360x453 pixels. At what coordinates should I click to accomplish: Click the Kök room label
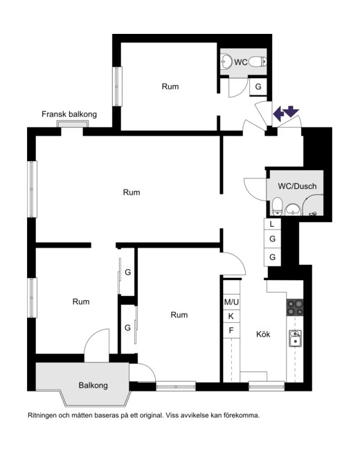click(x=263, y=334)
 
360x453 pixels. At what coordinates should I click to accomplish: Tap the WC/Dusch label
click(x=297, y=186)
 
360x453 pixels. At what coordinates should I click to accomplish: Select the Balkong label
click(x=93, y=385)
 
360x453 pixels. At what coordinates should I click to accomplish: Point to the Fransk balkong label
click(x=69, y=114)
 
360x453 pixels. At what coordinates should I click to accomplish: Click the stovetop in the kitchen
click(x=295, y=307)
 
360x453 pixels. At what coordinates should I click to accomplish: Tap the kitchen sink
click(x=295, y=338)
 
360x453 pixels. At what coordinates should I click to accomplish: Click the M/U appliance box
click(x=231, y=302)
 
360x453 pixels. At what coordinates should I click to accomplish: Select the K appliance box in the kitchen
click(x=231, y=316)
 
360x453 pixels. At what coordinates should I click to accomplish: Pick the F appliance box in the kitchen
click(x=231, y=330)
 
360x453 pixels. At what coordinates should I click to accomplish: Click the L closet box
click(x=272, y=223)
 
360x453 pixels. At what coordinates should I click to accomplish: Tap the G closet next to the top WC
click(x=258, y=86)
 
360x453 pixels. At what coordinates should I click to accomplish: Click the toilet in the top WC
click(x=258, y=62)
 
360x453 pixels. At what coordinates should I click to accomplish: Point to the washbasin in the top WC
click(x=226, y=62)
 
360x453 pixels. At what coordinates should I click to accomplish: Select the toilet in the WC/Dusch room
click(x=277, y=206)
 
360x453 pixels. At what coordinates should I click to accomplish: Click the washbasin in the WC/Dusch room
click(x=293, y=209)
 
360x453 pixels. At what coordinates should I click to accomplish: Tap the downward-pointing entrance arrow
click(x=291, y=111)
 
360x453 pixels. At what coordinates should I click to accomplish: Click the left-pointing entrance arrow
click(x=279, y=113)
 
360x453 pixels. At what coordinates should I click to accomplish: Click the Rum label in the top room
click(x=170, y=86)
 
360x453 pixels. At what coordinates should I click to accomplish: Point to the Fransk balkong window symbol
click(x=73, y=124)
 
